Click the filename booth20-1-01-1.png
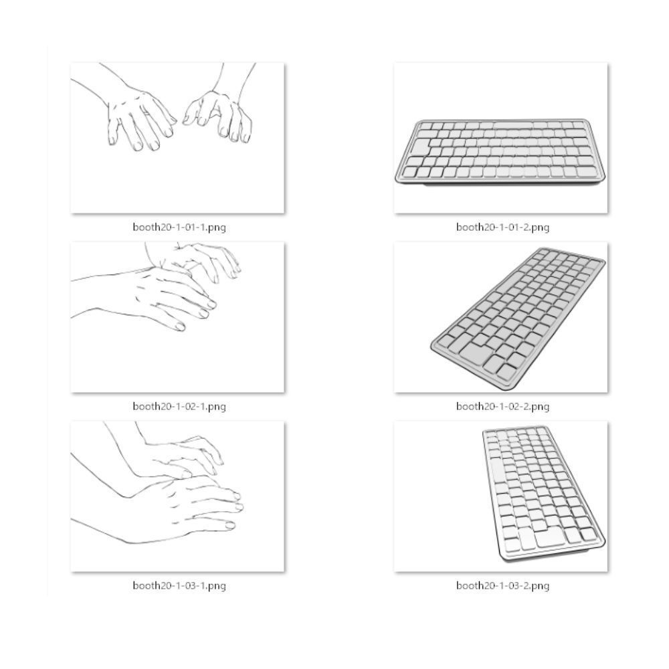click(179, 227)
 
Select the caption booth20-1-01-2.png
click(502, 227)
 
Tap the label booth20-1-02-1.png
click(179, 406)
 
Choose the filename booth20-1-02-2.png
click(502, 406)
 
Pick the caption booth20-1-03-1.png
click(179, 585)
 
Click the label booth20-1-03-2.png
click(502, 585)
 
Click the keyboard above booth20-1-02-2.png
click(518, 318)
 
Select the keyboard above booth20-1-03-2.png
click(544, 494)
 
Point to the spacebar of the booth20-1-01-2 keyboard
click(513, 126)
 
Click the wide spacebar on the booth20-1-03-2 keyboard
click(549, 538)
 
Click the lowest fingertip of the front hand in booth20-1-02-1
click(180, 327)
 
